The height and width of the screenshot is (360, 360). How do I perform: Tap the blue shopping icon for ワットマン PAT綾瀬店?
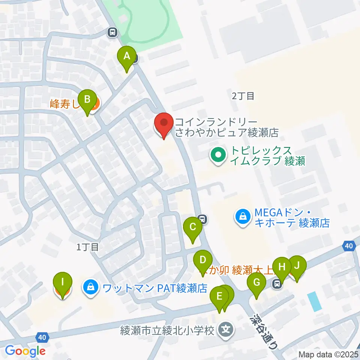point(90,288)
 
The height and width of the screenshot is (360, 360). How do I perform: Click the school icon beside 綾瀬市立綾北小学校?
point(226,330)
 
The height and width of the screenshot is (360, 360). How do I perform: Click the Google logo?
point(25,351)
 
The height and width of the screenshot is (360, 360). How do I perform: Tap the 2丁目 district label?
point(243,96)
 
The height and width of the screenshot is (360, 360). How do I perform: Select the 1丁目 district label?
point(87,247)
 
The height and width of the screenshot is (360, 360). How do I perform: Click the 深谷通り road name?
point(265,331)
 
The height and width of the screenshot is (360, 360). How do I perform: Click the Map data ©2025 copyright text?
point(328,354)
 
